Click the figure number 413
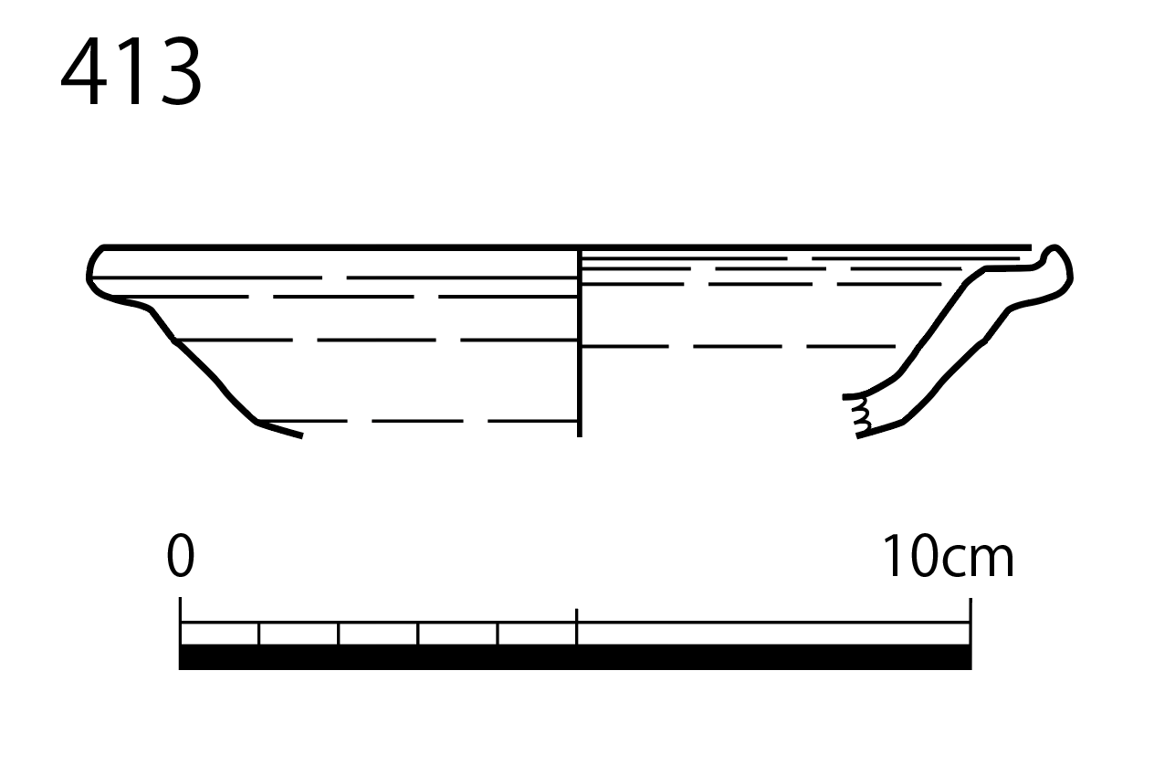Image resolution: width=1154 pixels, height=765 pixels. [131, 71]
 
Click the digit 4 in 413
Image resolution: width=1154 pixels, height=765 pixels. [83, 71]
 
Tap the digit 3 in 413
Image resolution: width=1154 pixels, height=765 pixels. [182, 71]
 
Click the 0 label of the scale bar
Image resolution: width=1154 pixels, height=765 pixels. [181, 556]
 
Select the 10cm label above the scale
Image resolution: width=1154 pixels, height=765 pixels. [949, 556]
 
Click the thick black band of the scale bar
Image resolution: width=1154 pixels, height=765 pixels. [575, 656]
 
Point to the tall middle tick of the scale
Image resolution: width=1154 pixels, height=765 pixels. [576, 626]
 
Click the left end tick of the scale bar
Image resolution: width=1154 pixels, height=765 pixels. [181, 621]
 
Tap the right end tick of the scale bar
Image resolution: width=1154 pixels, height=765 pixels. [970, 621]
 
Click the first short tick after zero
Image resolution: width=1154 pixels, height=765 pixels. [259, 634]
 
